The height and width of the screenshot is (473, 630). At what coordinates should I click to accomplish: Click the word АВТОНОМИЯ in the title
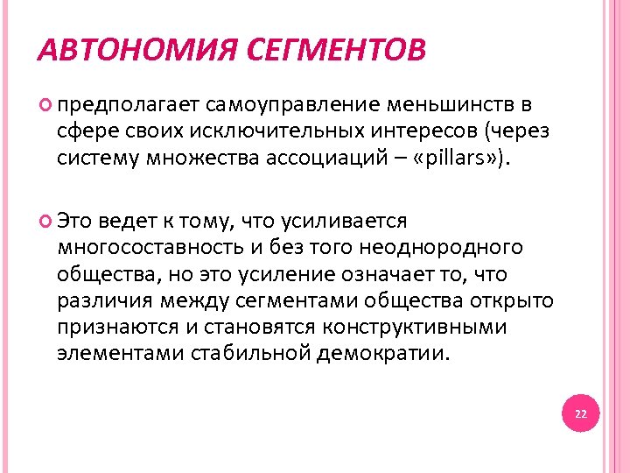[131, 50]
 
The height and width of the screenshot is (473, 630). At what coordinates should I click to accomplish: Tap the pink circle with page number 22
[582, 413]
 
